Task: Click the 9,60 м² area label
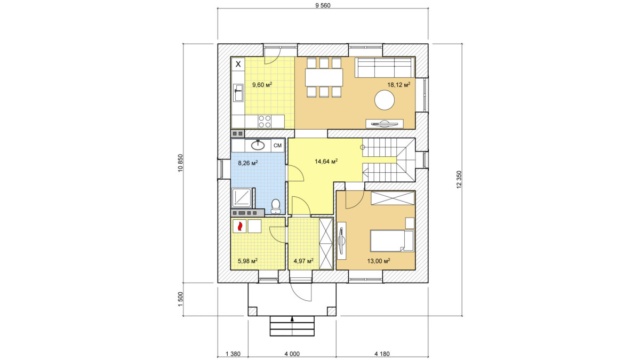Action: coord(262,85)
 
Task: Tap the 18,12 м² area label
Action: coord(398,84)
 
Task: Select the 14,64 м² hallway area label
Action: coord(326,162)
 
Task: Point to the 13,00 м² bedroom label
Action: coord(379,261)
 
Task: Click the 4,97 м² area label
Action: coord(303,261)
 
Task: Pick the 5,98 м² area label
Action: coord(247,261)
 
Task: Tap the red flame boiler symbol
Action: coord(239,226)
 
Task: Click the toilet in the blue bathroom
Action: coord(275,206)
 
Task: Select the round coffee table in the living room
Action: coord(385,100)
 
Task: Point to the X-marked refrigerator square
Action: coord(238,65)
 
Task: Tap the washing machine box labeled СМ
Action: coord(277,146)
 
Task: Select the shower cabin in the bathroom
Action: coord(242,197)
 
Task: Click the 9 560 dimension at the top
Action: coord(323,5)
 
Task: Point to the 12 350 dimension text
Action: coord(459,179)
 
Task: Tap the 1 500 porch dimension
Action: coord(180,299)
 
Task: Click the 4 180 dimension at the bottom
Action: coord(382,354)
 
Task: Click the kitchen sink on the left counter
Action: coord(238,93)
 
